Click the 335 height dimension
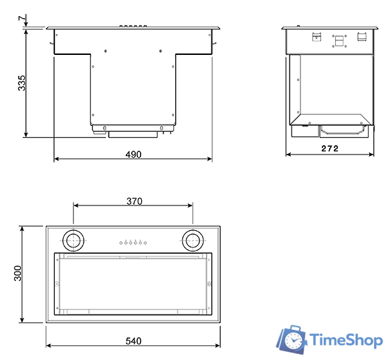[x=22, y=83]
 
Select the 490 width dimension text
[x=133, y=155]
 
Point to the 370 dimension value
[x=134, y=201]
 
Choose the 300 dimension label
[x=19, y=274]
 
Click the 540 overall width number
[x=134, y=341]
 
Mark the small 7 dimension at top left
[x=21, y=17]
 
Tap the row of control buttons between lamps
[x=133, y=242]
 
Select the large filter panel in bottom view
[x=133, y=284]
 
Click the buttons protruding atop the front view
[x=133, y=26]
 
